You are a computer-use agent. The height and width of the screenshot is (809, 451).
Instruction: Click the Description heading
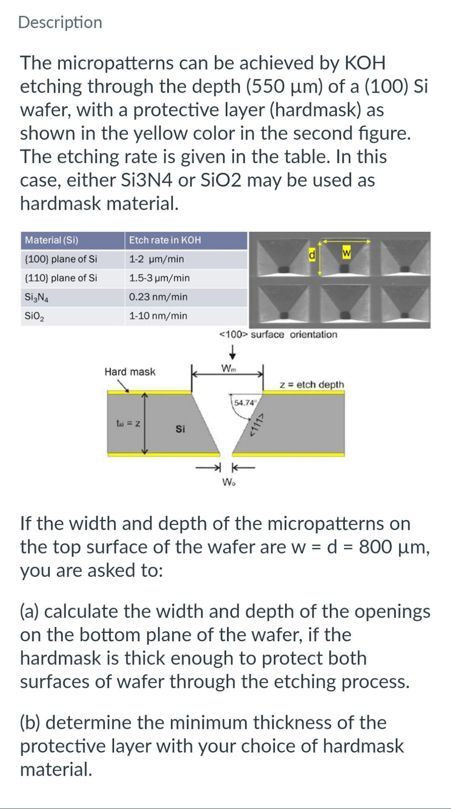pyautogui.click(x=60, y=22)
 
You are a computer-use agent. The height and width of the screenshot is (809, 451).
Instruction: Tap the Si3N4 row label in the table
pyautogui.click(x=37, y=297)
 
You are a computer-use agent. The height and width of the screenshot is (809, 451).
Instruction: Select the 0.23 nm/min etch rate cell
pyautogui.click(x=158, y=297)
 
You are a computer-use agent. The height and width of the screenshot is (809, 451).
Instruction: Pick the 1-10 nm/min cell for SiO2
pyautogui.click(x=158, y=316)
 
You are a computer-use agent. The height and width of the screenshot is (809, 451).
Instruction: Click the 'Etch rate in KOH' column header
pyautogui.click(x=165, y=240)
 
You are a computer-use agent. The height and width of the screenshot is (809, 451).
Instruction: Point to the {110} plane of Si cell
pyautogui.click(x=61, y=278)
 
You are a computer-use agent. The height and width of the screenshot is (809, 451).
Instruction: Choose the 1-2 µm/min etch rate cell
pyautogui.click(x=156, y=259)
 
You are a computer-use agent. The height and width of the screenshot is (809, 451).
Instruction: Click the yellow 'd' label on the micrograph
pyautogui.click(x=312, y=254)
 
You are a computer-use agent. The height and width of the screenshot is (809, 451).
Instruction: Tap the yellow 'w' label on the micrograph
pyautogui.click(x=347, y=252)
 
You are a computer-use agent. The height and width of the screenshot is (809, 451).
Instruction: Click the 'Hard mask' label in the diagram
pyautogui.click(x=130, y=372)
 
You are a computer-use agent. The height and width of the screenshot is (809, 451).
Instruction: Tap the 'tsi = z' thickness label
pyautogui.click(x=128, y=423)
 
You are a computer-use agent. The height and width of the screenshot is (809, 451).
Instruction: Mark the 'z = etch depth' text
pyautogui.click(x=312, y=385)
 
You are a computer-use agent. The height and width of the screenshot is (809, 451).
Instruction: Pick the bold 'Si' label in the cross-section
pyautogui.click(x=180, y=429)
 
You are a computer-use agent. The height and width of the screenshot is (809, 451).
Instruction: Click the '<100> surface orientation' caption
pyautogui.click(x=278, y=335)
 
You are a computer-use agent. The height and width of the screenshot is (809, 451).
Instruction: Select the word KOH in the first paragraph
pyautogui.click(x=365, y=63)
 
